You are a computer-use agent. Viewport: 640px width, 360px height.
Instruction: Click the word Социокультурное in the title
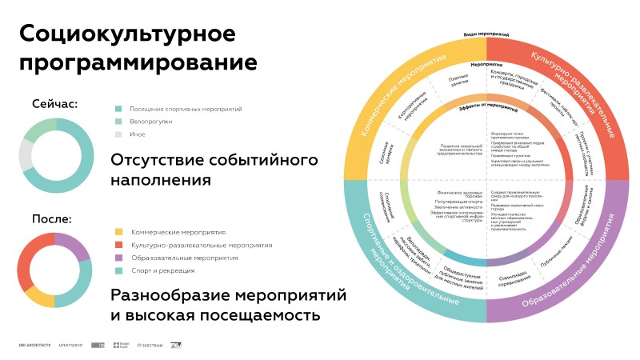coord(127,34)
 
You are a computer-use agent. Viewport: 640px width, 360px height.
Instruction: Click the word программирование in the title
coord(138,62)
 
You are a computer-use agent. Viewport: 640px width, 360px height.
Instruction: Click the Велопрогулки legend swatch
coord(118,122)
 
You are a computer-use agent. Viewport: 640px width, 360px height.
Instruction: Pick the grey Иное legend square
coord(118,134)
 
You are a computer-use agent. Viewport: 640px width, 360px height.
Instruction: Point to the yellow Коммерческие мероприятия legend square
coord(118,232)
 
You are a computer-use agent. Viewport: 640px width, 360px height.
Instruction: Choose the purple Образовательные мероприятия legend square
coord(118,258)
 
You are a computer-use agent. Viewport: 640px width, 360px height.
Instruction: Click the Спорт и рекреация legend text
coord(158,270)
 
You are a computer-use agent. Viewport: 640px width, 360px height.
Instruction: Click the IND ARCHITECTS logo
coord(34,346)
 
